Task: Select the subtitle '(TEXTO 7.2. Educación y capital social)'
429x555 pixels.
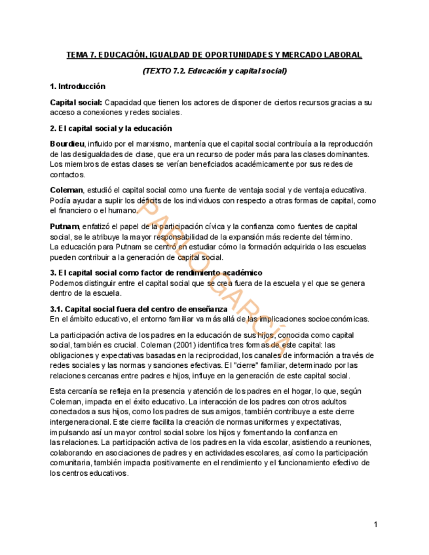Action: (x=214, y=71)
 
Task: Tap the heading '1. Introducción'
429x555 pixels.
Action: (x=77, y=86)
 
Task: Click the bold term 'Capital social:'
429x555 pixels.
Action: (x=76, y=103)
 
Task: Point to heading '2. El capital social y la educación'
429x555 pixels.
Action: (x=111, y=128)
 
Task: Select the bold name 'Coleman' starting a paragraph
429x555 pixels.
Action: (x=67, y=190)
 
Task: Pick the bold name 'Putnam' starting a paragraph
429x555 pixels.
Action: (x=64, y=226)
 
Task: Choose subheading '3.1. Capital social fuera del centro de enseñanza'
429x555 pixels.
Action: (x=139, y=309)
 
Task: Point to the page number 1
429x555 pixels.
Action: (x=376, y=524)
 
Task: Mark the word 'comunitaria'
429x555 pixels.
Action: (x=73, y=463)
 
